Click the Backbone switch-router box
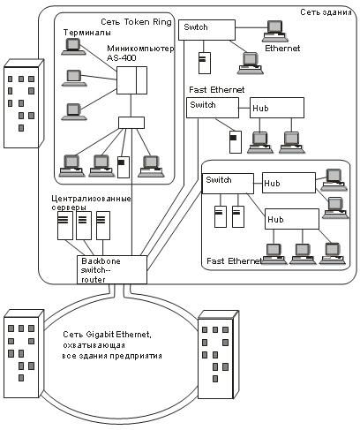(x=112, y=269)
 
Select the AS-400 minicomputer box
(x=131, y=80)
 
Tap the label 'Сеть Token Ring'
(x=136, y=22)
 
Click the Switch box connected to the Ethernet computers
(x=207, y=30)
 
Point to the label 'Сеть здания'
(x=326, y=12)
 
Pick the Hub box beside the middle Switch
(x=277, y=108)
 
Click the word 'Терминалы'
(x=87, y=33)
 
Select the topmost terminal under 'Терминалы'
(x=73, y=47)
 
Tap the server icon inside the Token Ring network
(x=124, y=167)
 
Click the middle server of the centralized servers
(x=84, y=225)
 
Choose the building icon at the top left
(x=24, y=103)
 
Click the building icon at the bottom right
(x=218, y=355)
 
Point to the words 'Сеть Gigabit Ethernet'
(x=107, y=335)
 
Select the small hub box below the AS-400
(x=131, y=123)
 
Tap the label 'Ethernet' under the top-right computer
(x=282, y=49)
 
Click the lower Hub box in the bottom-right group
(x=292, y=219)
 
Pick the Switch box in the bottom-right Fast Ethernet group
(x=228, y=184)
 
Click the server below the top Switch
(x=205, y=63)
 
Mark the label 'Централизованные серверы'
(x=91, y=203)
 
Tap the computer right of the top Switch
(x=275, y=31)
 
